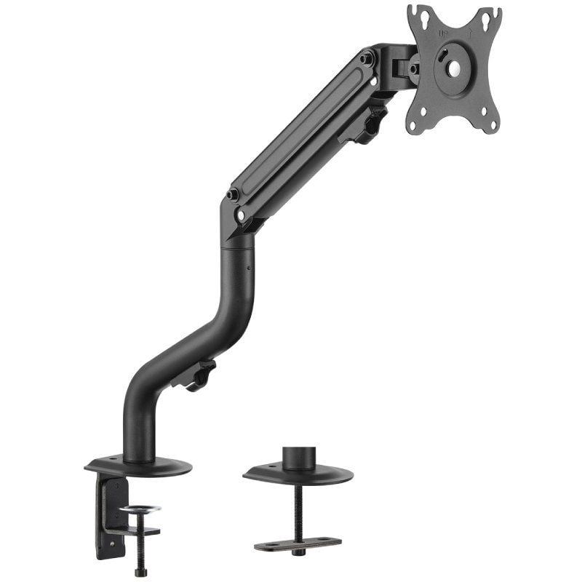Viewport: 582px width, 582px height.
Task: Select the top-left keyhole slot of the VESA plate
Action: click(416, 12)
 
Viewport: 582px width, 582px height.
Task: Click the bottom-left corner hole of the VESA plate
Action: click(413, 125)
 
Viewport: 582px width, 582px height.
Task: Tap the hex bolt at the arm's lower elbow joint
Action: click(233, 195)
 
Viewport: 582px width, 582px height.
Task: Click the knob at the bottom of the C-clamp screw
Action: click(140, 572)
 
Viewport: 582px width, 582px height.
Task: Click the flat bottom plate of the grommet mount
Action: click(298, 544)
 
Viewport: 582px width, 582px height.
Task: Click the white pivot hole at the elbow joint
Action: click(240, 215)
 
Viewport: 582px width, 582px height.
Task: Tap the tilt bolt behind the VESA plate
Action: click(413, 69)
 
